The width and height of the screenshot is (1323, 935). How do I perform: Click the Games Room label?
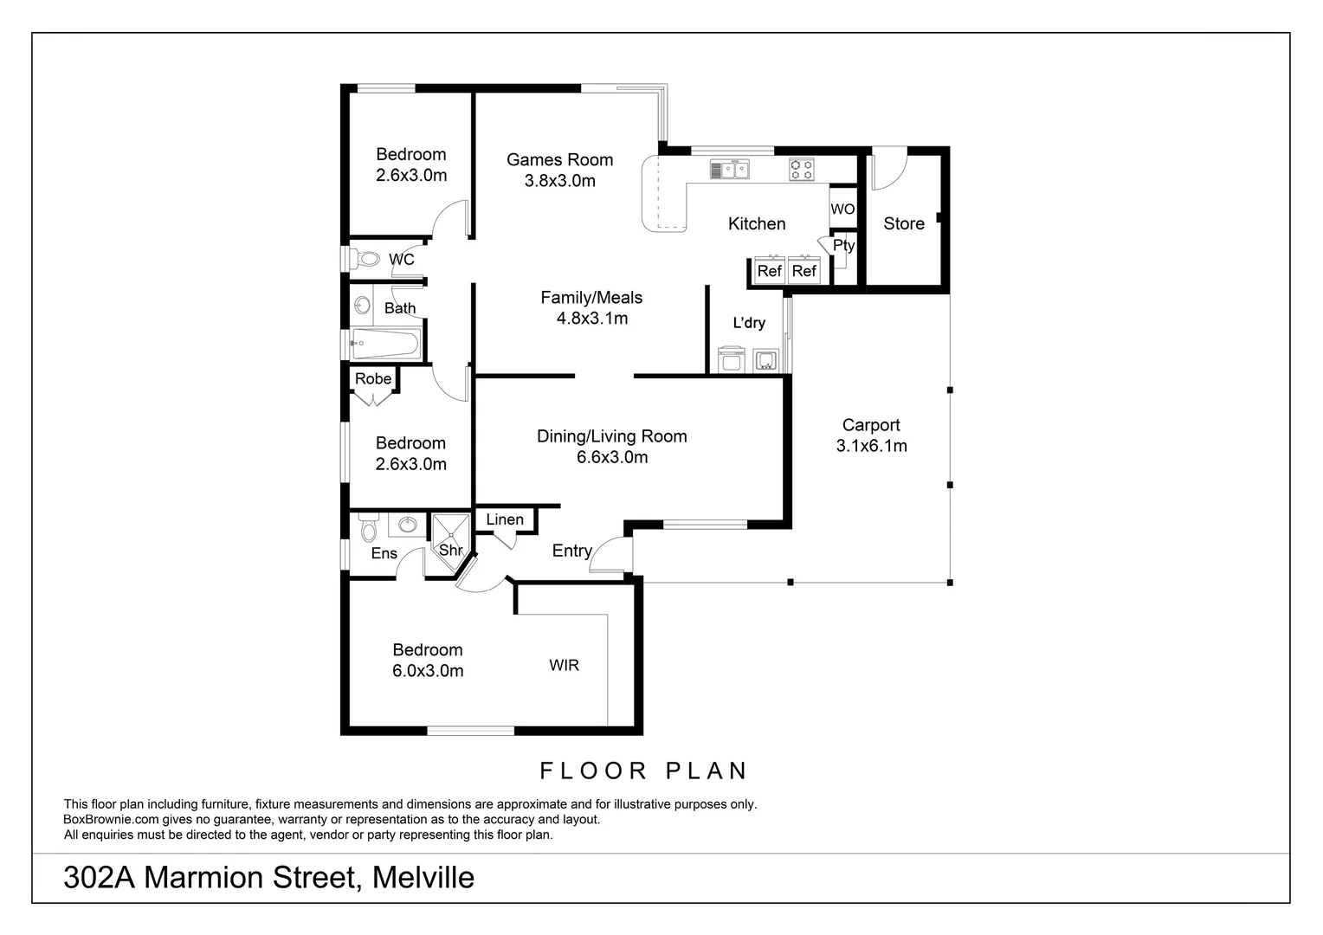(x=559, y=160)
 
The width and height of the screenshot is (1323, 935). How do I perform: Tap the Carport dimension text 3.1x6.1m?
(x=871, y=447)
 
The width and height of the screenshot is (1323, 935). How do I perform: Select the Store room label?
(x=903, y=224)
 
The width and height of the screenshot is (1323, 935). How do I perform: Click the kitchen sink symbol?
(x=729, y=170)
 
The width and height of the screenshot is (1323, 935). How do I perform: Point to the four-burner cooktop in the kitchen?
(x=801, y=170)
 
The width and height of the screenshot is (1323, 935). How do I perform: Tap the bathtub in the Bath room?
(x=385, y=345)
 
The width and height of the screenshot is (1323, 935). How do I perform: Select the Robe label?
(x=373, y=379)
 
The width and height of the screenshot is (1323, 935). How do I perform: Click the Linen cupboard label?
(x=505, y=519)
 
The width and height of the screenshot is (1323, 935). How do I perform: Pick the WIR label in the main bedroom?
(x=564, y=666)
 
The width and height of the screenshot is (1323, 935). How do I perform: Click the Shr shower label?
(x=450, y=551)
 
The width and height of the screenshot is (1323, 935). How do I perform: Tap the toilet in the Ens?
(x=369, y=529)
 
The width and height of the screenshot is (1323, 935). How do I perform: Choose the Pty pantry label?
(x=843, y=246)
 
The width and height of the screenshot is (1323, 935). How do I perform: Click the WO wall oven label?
(x=842, y=210)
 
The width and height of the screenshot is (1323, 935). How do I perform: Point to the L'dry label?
(x=749, y=324)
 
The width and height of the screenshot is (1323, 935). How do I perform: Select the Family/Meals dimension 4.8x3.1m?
(x=591, y=319)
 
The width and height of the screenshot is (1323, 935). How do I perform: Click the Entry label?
(x=571, y=551)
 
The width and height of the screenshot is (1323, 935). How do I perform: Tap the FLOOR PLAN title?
(x=643, y=771)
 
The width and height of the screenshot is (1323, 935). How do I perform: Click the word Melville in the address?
(x=423, y=878)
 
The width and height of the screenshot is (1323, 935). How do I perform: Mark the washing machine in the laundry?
(x=732, y=359)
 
